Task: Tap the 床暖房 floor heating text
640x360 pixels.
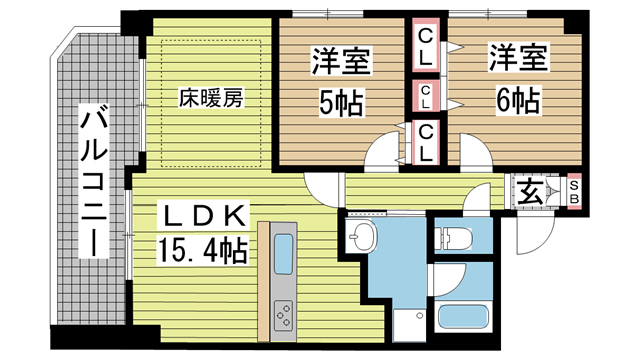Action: (210, 99)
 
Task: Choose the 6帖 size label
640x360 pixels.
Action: (515, 100)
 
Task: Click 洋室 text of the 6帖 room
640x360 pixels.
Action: (515, 58)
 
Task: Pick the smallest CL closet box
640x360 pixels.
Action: (426, 96)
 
